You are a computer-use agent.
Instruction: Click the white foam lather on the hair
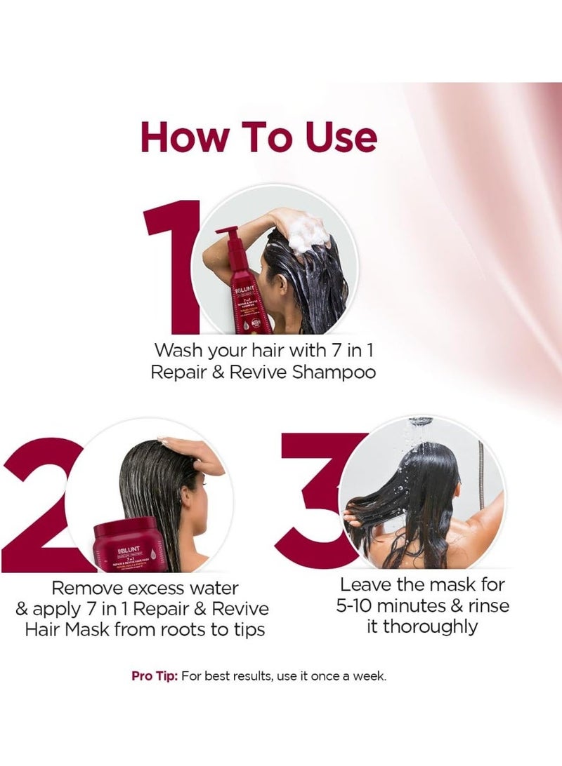[x=309, y=235]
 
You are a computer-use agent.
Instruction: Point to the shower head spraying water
[x=420, y=423]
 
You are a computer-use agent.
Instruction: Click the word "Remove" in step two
[x=91, y=587]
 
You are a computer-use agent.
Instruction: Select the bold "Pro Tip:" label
[x=155, y=676]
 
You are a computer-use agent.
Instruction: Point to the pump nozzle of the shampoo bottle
[x=226, y=231]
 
